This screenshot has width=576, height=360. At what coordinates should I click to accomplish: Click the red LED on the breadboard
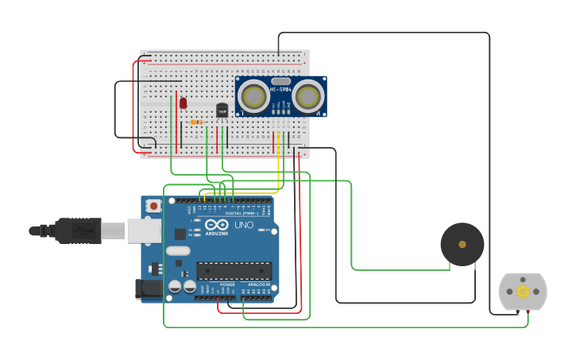click(x=183, y=103)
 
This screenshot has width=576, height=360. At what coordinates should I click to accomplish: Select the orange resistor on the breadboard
click(x=196, y=122)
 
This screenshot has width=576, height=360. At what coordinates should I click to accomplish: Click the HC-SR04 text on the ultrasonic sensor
click(x=280, y=89)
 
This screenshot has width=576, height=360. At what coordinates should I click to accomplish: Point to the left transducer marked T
click(x=254, y=97)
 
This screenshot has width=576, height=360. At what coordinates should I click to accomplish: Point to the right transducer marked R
click(x=307, y=97)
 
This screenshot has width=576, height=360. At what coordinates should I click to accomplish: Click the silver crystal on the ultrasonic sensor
click(x=280, y=80)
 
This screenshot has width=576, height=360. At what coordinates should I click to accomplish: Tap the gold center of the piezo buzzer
click(x=462, y=245)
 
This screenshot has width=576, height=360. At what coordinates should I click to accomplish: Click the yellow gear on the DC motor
click(x=523, y=292)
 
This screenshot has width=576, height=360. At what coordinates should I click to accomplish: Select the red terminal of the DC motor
click(x=528, y=312)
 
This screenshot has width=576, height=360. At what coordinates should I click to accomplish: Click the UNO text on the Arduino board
click(x=244, y=225)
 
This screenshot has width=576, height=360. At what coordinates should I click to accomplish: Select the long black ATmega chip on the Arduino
click(x=234, y=271)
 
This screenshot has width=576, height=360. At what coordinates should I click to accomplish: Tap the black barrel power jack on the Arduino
click(x=149, y=290)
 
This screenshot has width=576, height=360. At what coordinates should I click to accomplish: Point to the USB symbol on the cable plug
click(x=83, y=230)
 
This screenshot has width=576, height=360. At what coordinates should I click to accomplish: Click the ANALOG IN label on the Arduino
click(x=258, y=284)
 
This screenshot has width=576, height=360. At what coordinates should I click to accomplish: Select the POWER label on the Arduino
click(x=227, y=284)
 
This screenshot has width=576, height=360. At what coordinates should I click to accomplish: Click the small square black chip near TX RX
click(x=180, y=234)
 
